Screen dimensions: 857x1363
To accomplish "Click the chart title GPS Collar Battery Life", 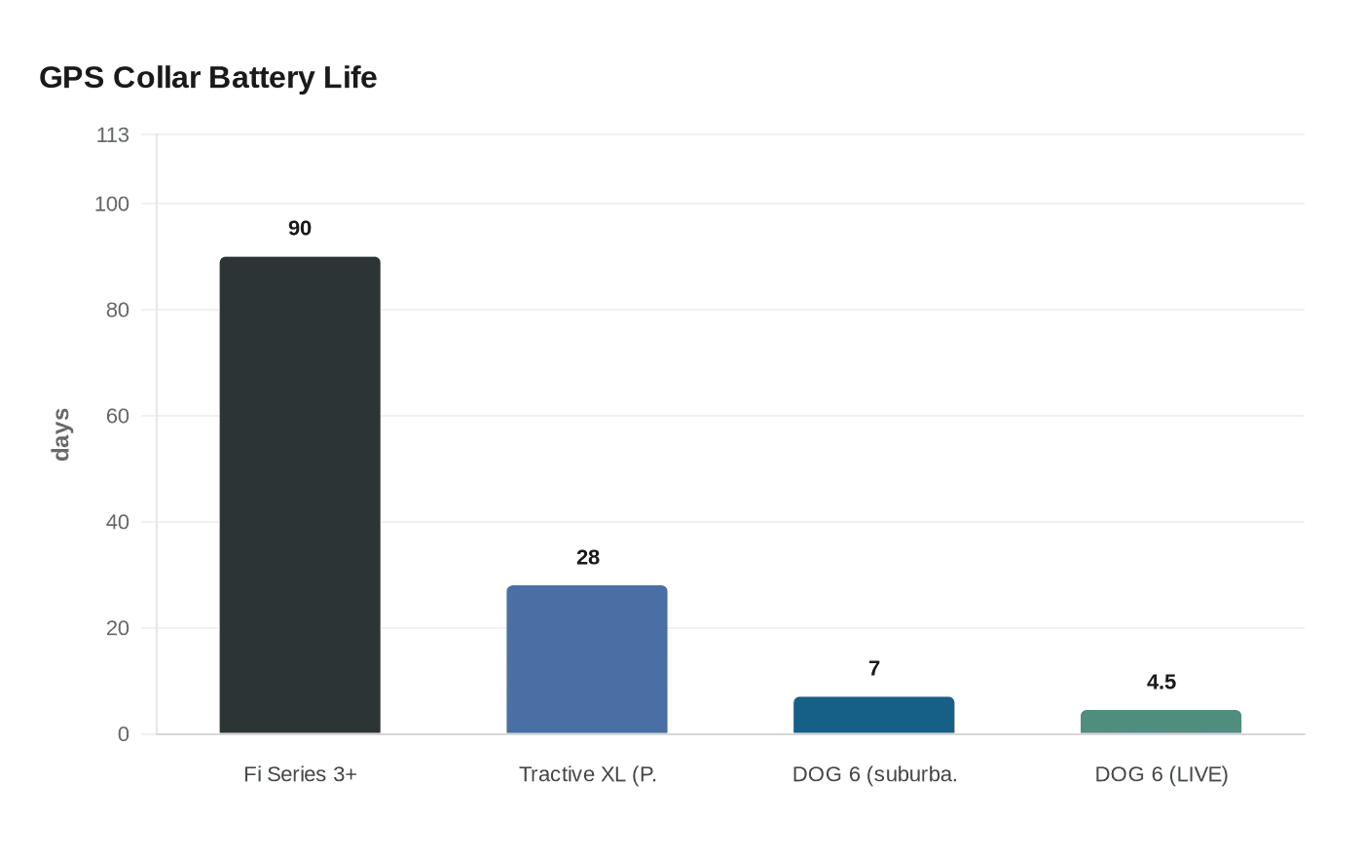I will (x=207, y=78).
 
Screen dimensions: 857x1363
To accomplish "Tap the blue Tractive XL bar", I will (x=587, y=659).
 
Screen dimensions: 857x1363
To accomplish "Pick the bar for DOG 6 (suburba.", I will (x=873, y=715).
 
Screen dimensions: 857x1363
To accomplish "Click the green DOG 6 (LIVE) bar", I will (x=1160, y=722).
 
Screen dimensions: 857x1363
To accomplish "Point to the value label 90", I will (x=300, y=228).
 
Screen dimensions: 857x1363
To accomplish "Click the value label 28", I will (x=587, y=557).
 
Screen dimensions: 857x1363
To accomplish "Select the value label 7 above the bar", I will (x=874, y=668).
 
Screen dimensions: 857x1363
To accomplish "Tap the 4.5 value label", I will (x=1160, y=682).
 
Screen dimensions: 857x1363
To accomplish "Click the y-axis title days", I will (x=60, y=434).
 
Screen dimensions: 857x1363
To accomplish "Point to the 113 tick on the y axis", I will (x=112, y=135).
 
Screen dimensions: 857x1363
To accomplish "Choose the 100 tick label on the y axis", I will (x=112, y=204).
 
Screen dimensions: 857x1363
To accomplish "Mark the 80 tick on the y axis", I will (x=117, y=310).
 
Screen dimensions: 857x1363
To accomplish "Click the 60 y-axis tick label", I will (x=117, y=416).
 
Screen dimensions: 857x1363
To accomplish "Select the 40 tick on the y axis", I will (x=117, y=522).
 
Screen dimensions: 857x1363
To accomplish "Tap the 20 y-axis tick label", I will (x=117, y=628).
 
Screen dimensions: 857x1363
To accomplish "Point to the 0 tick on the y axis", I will (x=123, y=734).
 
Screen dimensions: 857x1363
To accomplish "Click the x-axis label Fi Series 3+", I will (x=300, y=774).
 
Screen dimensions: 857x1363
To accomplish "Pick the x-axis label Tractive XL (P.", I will (x=587, y=774).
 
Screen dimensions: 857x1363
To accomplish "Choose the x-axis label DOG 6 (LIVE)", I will (x=1160, y=774).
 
